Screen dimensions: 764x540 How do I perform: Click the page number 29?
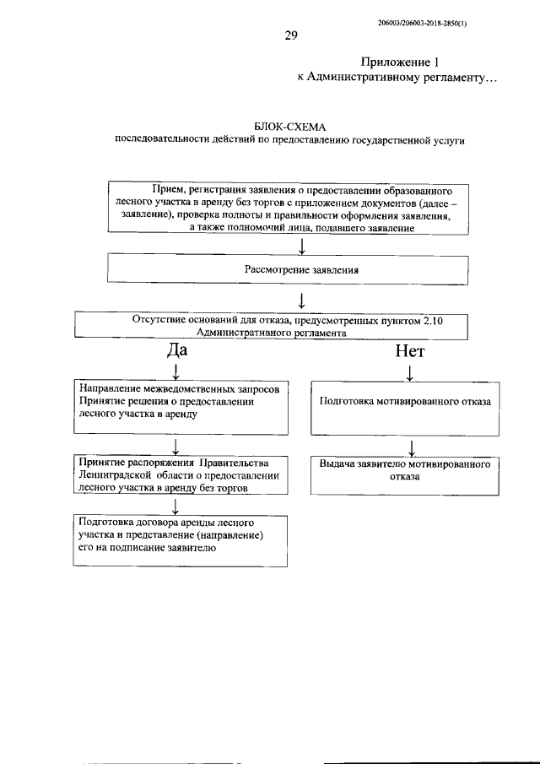[290, 35]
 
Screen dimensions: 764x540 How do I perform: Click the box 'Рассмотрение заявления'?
[289, 271]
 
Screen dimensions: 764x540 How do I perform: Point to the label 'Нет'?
[409, 349]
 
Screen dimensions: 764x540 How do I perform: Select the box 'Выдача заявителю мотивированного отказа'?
[405, 470]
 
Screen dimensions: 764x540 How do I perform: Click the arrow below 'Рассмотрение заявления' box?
[301, 299]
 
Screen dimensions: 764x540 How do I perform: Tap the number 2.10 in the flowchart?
[445, 319]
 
